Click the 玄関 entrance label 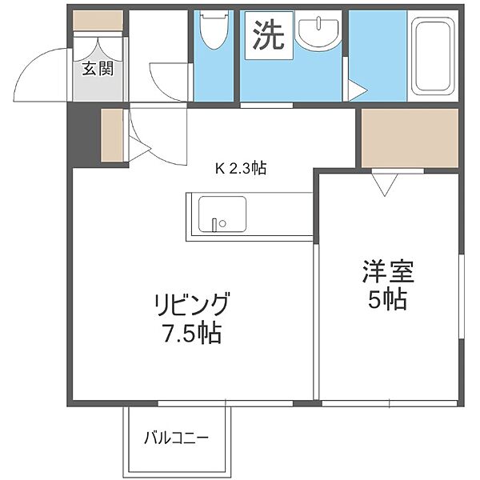pos(98,69)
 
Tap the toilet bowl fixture pos(214,30)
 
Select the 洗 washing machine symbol pos(269,35)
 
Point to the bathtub pos(432,56)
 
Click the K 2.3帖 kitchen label pos(241,168)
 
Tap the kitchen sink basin pos(222,214)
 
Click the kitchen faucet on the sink pos(215,225)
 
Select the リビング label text pos(192,304)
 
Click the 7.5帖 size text pos(192,333)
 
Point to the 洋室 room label pos(388,271)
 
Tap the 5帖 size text pos(387,298)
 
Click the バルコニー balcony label pos(176,438)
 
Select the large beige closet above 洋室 pos(410,138)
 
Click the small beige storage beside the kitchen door pos(112,135)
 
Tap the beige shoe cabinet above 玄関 pos(98,21)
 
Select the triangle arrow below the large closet pos(385,184)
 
